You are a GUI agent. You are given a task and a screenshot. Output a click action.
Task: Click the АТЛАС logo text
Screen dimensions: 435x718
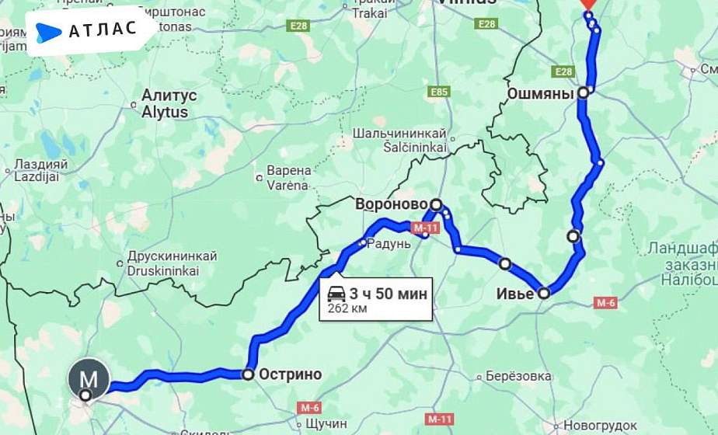pos(103,30)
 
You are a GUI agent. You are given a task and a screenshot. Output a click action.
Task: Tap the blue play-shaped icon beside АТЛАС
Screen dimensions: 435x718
pos(48,32)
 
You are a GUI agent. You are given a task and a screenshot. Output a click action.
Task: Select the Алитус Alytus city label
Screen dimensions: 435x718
pos(169,103)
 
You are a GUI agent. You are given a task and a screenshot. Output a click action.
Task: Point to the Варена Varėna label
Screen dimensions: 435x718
pos(288,177)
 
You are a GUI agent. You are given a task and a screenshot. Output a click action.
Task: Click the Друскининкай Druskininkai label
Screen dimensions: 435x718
pos(171,263)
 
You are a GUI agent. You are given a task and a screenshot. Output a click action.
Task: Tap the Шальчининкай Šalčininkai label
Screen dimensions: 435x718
pos(399,140)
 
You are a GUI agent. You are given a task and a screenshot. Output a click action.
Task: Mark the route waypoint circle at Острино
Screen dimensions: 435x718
pos(248,374)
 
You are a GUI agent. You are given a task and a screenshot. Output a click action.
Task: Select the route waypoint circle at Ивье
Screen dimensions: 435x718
pos(544,293)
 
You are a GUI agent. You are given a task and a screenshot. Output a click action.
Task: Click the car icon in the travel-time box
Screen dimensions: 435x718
pos(336,294)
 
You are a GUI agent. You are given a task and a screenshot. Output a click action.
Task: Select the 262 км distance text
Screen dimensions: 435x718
pos(347,308)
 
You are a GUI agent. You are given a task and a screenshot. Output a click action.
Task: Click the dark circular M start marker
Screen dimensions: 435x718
pos(89,378)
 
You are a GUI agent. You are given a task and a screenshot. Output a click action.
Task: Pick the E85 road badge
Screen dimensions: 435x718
pos(439,92)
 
